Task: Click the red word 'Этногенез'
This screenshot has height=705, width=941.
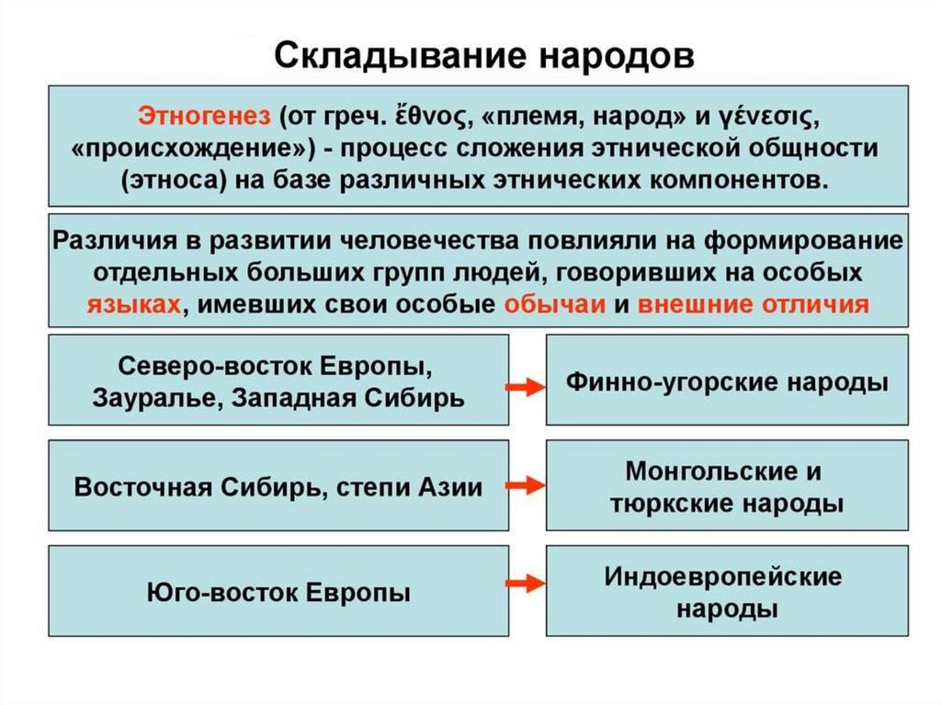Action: [x=204, y=117]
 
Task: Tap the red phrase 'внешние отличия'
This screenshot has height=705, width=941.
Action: [x=753, y=304]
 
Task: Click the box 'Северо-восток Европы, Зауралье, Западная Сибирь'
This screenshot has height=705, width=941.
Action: [x=278, y=381]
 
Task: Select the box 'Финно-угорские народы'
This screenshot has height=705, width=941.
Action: [x=727, y=381]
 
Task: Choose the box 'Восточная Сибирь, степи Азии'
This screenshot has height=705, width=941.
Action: [x=278, y=486]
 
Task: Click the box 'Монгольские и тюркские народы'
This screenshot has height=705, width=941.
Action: [x=727, y=486]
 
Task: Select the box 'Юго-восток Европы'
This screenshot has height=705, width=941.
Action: [x=278, y=591]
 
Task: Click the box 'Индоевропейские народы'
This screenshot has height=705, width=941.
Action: [x=727, y=591]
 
